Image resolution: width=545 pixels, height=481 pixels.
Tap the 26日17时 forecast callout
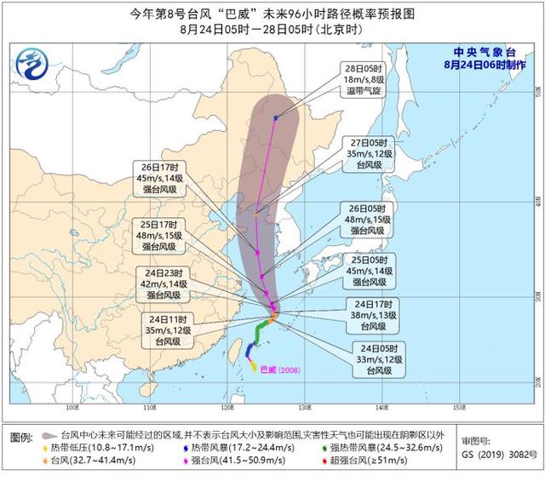159,179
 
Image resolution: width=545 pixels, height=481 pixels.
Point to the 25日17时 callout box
159,235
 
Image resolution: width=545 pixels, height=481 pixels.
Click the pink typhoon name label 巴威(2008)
280,370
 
